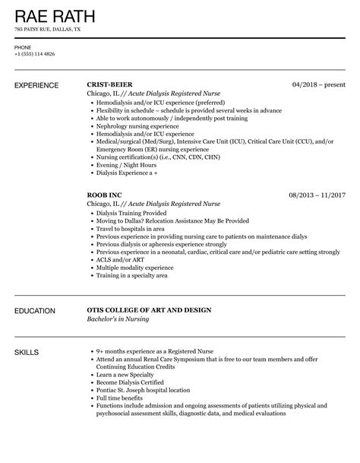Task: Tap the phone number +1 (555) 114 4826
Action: [34, 54]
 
